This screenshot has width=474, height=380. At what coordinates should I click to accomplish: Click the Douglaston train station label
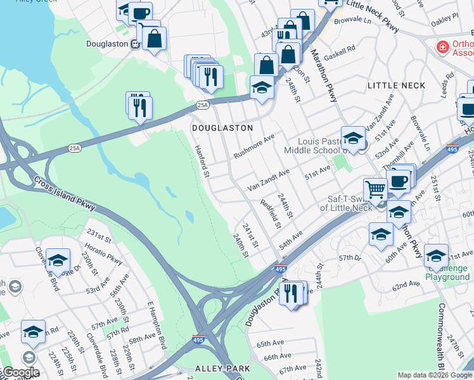click(x=108, y=44)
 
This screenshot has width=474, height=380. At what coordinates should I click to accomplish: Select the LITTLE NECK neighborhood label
click(x=395, y=85)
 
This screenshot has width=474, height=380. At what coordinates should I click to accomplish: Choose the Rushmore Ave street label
click(x=253, y=146)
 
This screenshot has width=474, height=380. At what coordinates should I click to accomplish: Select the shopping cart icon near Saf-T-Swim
click(x=375, y=189)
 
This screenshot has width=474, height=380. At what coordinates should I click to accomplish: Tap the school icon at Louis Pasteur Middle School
click(x=353, y=137)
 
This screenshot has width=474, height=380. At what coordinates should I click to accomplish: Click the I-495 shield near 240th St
click(x=281, y=269)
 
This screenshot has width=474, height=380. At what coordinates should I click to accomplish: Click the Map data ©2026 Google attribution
click(x=434, y=375)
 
